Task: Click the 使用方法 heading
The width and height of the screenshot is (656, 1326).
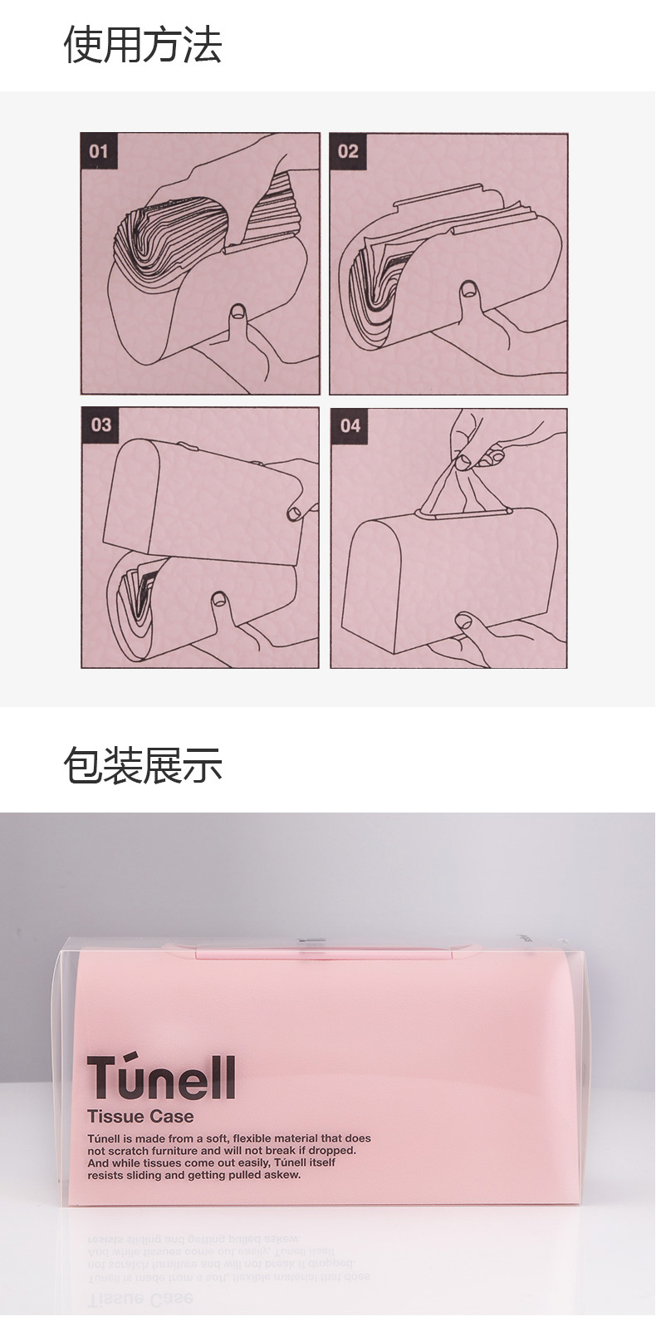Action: (x=143, y=44)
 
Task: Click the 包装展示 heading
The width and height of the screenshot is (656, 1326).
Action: (x=143, y=765)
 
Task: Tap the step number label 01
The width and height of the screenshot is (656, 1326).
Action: (x=99, y=151)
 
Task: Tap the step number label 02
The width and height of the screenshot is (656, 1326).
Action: (x=348, y=151)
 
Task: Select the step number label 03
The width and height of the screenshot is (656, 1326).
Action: (x=100, y=425)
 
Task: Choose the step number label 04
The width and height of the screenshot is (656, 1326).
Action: (x=350, y=425)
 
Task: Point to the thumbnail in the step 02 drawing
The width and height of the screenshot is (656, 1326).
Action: (x=469, y=290)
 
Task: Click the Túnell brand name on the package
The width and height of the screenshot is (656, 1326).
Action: (x=161, y=1078)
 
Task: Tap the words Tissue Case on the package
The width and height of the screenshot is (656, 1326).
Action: (x=140, y=1117)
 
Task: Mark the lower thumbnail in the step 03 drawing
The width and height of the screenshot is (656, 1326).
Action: (x=219, y=600)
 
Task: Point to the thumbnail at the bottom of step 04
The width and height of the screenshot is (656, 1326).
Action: (x=463, y=621)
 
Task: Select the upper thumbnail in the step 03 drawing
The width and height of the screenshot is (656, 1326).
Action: (x=294, y=513)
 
